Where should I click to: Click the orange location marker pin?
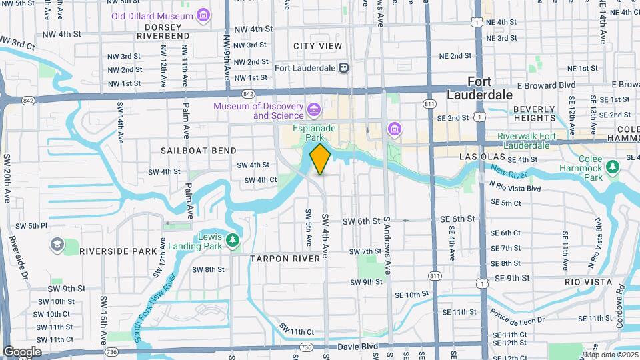(x=321, y=159)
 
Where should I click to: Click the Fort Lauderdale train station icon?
(x=343, y=67)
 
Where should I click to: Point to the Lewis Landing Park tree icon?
(x=232, y=239)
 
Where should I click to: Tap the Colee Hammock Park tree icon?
(x=610, y=165)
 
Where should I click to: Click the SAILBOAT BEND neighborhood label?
(x=198, y=151)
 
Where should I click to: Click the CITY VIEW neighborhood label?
(x=318, y=46)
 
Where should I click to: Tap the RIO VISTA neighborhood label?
(x=588, y=282)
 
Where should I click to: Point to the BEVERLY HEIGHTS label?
(x=535, y=113)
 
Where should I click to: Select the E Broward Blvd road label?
(x=546, y=85)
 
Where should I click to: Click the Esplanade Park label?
(x=315, y=133)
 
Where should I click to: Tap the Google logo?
(x=21, y=351)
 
